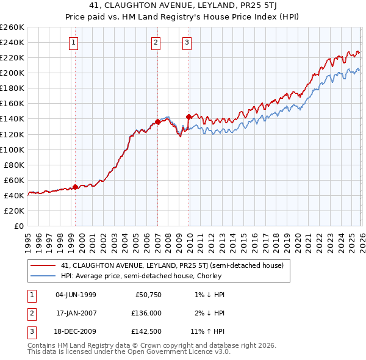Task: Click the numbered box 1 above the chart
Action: (x=73, y=42)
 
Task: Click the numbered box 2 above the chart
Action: (x=156, y=42)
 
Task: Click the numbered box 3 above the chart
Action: (x=186, y=42)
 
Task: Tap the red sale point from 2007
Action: (x=157, y=121)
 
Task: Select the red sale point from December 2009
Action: (x=188, y=116)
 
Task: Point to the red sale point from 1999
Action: (x=75, y=187)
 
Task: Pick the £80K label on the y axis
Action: (x=14, y=165)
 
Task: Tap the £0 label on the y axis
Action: (x=19, y=226)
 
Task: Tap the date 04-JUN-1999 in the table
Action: (x=76, y=295)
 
